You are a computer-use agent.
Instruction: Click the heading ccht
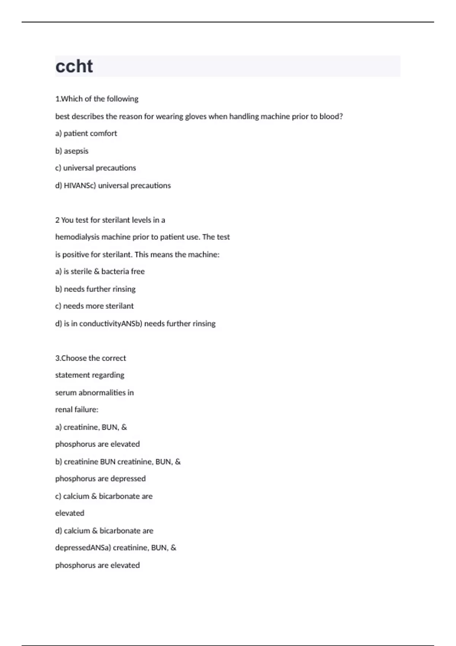point(74,66)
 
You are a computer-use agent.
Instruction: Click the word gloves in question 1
point(195,117)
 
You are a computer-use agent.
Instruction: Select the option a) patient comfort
point(86,133)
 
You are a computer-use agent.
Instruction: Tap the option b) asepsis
point(72,151)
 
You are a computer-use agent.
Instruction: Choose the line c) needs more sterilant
point(95,306)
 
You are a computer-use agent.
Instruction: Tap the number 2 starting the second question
point(57,220)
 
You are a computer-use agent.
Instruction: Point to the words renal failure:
point(77,410)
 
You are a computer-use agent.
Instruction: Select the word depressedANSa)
point(83,548)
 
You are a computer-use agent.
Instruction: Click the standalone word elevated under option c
point(70,513)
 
